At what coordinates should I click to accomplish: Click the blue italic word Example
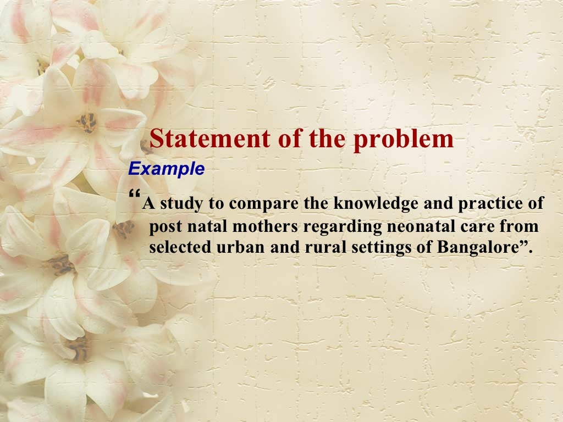166,169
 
